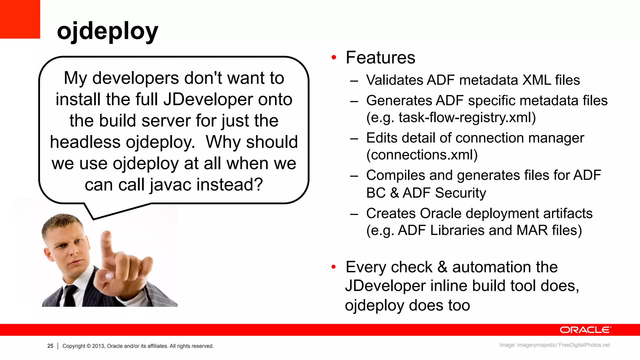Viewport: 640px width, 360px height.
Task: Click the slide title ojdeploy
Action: tap(107, 31)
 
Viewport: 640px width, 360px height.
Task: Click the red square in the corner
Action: tap(20, 19)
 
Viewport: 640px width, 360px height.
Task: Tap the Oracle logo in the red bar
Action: tap(585, 330)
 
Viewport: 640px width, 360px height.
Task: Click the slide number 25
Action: tap(50, 346)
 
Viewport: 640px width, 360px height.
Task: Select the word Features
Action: tap(380, 58)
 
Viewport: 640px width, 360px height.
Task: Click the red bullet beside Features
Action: tap(334, 57)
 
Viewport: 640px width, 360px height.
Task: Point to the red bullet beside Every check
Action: tap(334, 267)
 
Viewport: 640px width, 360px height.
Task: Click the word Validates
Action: tap(394, 80)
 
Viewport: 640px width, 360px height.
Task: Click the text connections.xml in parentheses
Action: tap(422, 155)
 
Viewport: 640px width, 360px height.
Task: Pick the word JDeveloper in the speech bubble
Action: tap(208, 100)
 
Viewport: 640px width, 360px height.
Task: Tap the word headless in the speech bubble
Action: tap(85, 142)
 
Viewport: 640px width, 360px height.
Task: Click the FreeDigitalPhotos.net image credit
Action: tap(584, 345)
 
